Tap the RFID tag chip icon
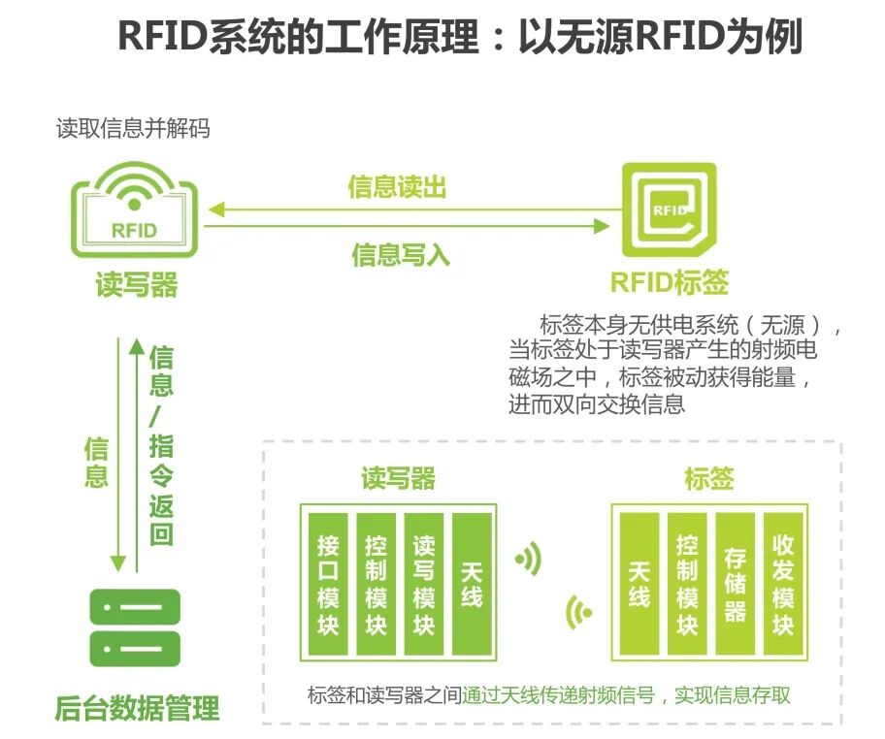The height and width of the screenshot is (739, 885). tap(669, 212)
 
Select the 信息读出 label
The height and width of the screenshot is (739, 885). tap(397, 187)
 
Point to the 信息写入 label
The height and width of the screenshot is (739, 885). tap(400, 255)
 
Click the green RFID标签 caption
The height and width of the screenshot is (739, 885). tap(669, 282)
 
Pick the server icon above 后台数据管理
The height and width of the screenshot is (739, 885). tap(135, 627)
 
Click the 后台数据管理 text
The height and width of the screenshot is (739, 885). tap(137, 708)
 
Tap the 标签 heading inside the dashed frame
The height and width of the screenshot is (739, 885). tap(708, 478)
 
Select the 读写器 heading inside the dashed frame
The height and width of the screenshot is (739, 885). tap(398, 478)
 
